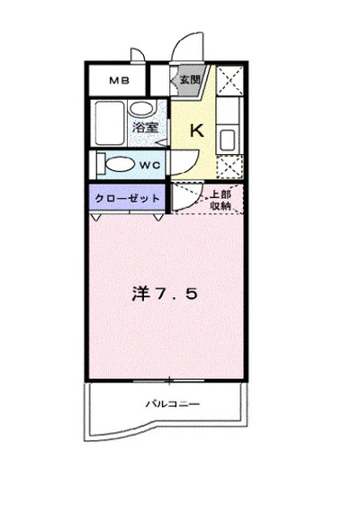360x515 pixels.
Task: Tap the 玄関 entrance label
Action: click(189, 80)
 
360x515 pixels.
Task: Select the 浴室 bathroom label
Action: click(146, 127)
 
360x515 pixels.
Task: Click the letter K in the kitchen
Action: click(196, 130)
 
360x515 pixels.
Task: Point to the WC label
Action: click(149, 165)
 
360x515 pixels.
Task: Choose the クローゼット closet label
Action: click(127, 197)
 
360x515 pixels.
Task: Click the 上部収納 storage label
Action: click(221, 201)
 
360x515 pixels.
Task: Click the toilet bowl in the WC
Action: click(114, 165)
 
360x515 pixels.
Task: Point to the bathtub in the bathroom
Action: click(110, 124)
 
